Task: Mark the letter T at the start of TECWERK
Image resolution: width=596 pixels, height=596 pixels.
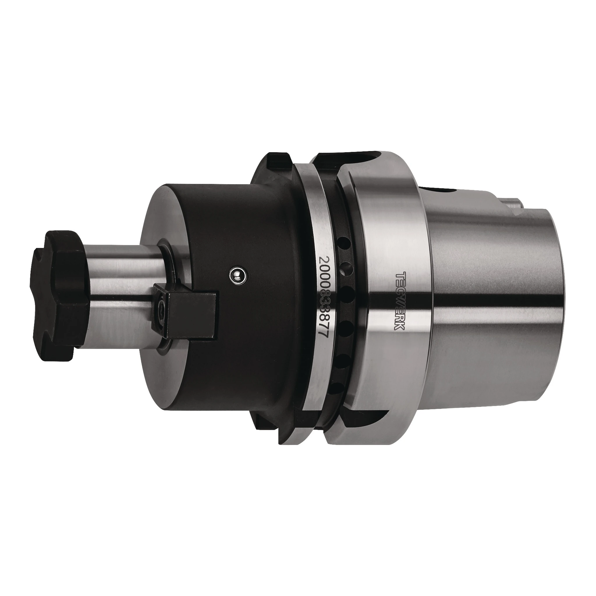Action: [x=400, y=275]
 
